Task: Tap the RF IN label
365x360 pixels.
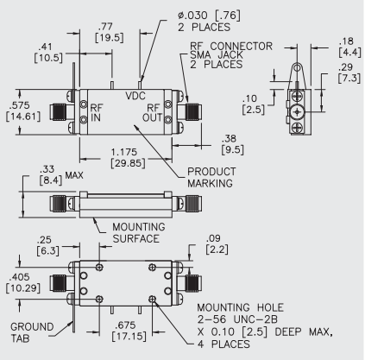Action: pos(97,115)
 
